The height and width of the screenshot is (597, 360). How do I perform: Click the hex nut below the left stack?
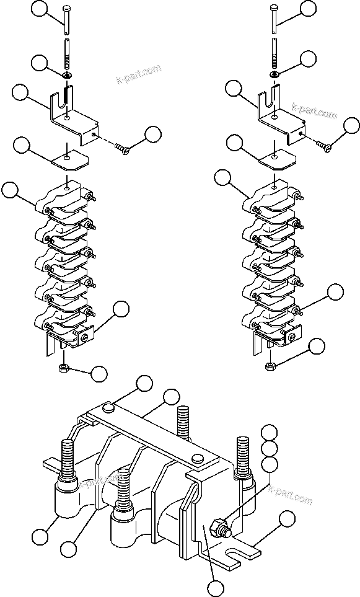click(64, 368)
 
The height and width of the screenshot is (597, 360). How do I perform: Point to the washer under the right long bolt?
click(274, 74)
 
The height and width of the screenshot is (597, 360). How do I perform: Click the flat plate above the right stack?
click(276, 159)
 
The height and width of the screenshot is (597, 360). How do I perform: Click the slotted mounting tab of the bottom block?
click(239, 551)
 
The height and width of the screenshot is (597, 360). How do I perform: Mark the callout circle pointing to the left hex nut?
click(99, 374)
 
